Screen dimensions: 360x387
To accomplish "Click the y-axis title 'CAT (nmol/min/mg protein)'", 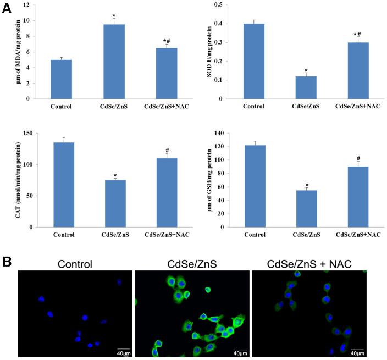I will pyautogui.click(x=19, y=180).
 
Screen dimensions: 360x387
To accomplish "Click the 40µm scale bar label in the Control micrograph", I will pyautogui.click(x=124, y=352).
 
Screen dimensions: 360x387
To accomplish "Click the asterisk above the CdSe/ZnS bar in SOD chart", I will pyautogui.click(x=306, y=70).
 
